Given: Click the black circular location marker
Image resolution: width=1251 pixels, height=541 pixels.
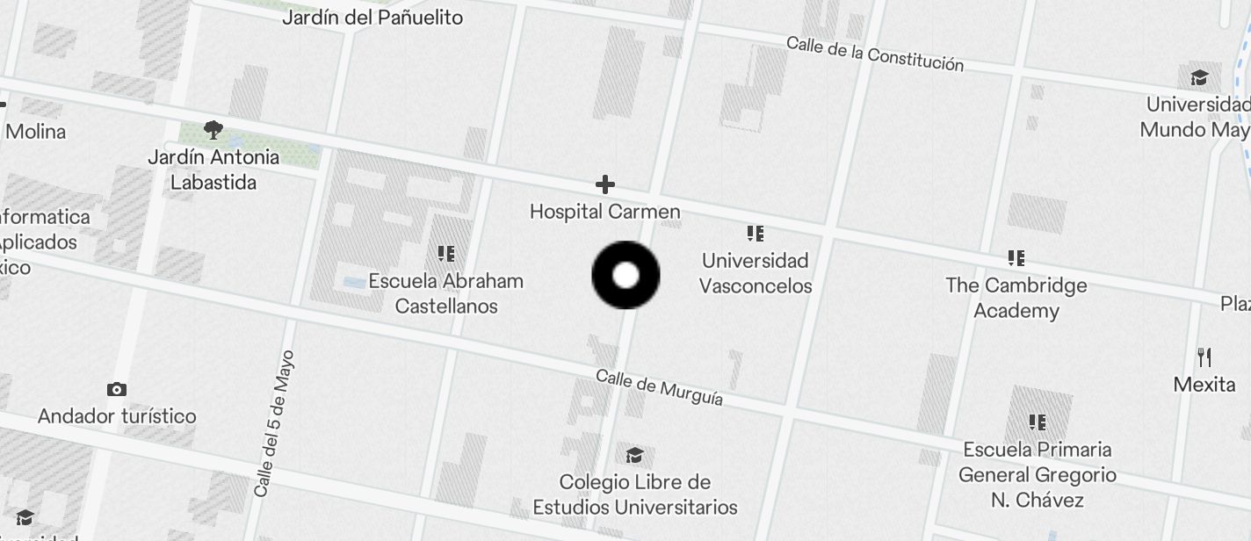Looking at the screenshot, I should click(625, 275).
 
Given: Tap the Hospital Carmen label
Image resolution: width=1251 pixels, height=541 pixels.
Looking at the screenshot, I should click(604, 212).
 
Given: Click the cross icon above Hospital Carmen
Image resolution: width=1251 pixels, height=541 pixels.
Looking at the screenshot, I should click(604, 184).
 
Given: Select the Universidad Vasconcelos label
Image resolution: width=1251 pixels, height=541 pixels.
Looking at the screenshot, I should click(756, 273).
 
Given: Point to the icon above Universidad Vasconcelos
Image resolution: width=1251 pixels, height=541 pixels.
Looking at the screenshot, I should click(755, 234).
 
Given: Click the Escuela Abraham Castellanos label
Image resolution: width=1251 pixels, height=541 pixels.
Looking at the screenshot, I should click(445, 293).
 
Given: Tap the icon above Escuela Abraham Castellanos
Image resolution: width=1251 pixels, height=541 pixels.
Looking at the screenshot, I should click(445, 254).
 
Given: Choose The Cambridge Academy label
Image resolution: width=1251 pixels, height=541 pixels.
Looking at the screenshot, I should click(1016, 298).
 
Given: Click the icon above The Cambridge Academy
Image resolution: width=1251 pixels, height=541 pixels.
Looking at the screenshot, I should click(1016, 258).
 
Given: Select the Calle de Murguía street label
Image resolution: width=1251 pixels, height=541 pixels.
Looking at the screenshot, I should click(659, 387).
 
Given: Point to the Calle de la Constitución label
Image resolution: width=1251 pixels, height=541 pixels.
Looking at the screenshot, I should click(874, 54).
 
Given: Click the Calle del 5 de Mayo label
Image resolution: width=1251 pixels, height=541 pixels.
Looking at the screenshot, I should click(273, 423).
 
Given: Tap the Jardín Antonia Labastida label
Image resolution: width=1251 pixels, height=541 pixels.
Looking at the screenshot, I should click(213, 170).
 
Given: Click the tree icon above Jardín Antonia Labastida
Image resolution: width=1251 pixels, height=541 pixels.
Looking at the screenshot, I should click(213, 131).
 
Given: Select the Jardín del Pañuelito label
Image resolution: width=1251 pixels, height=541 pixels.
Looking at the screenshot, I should click(372, 17).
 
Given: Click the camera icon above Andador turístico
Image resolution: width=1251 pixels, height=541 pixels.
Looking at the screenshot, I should click(116, 389).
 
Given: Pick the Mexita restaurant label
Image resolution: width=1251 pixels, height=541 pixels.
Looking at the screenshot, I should click(1204, 384).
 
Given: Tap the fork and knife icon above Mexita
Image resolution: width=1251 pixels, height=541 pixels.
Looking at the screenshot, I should click(1204, 357).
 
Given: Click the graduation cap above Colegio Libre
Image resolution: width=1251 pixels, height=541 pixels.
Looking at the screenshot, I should click(634, 455).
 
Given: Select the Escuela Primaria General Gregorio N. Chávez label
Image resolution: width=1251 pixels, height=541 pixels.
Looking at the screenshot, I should click(1037, 474).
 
